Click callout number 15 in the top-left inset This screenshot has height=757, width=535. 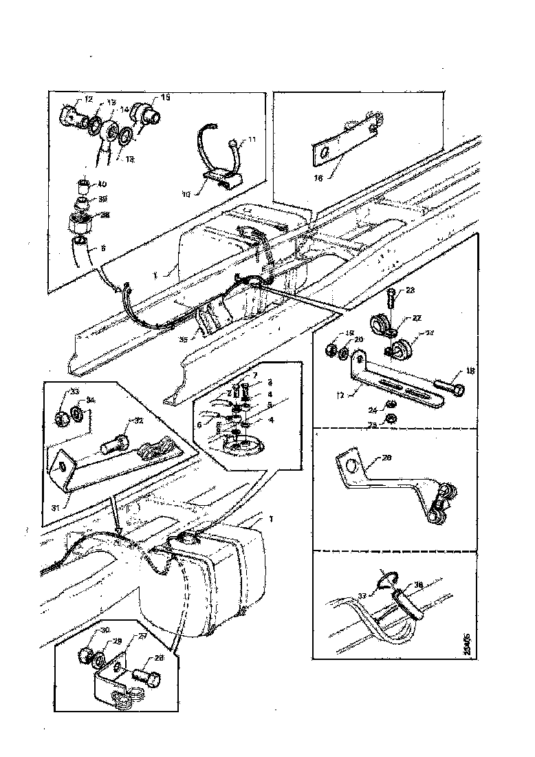(x=165, y=97)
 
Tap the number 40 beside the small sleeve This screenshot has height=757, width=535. (x=102, y=184)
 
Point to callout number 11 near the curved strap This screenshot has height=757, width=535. (x=252, y=140)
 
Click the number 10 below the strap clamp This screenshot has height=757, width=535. (x=186, y=194)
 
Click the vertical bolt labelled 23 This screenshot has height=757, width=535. (x=392, y=298)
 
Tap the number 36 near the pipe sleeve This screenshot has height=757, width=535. (x=418, y=586)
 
